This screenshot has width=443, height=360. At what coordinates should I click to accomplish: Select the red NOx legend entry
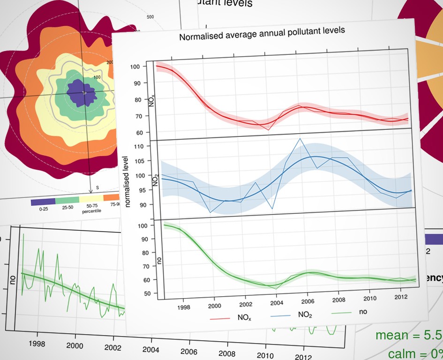click(x=243, y=317)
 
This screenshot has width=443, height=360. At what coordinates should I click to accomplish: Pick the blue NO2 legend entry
click(x=305, y=315)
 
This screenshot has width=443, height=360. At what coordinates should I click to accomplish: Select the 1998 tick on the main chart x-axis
click(x=183, y=307)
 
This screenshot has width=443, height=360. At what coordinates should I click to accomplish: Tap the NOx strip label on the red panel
click(x=152, y=100)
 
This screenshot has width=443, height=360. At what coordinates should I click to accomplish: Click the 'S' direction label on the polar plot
click(x=98, y=188)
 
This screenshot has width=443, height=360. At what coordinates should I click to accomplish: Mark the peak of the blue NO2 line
click(x=300, y=138)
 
